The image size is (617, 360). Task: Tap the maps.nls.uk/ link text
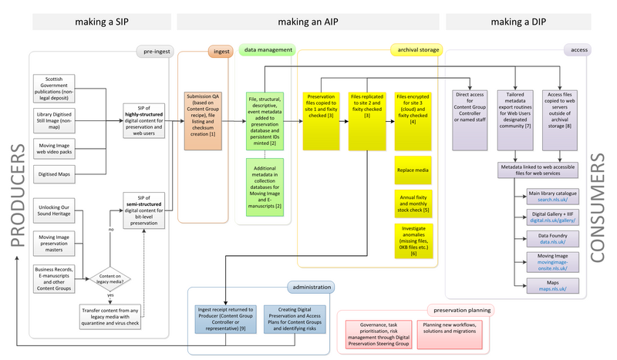[547, 288]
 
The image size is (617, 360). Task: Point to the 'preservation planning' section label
[459, 310]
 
